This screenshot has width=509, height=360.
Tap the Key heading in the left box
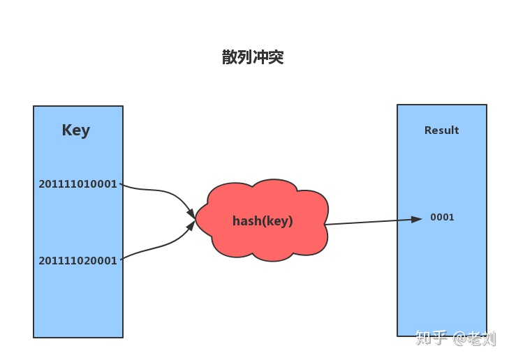tap(76, 130)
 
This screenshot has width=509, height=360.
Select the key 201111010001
tap(78, 184)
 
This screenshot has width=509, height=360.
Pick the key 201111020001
tap(78, 260)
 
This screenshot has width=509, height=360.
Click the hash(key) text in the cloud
tap(263, 221)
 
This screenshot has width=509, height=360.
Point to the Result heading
tap(441, 130)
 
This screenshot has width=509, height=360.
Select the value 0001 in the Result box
tap(442, 218)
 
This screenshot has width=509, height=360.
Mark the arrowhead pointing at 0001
tap(417, 219)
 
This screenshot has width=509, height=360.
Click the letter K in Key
tap(67, 130)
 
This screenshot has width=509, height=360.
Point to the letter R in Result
tap(428, 130)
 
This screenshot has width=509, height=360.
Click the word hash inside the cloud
tap(245, 221)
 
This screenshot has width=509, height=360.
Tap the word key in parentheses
tap(278, 221)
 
